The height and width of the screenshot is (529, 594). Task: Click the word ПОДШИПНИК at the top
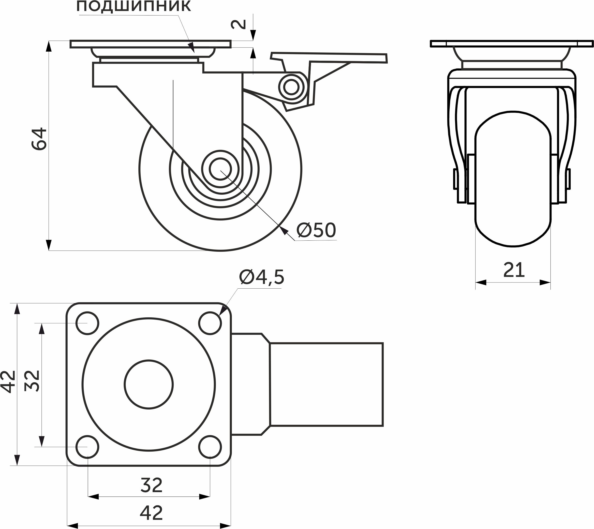tap(134, 6)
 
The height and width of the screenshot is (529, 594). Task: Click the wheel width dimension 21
tap(514, 270)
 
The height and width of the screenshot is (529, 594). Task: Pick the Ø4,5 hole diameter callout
tap(261, 277)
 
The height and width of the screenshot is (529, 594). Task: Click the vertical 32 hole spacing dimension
tap(32, 381)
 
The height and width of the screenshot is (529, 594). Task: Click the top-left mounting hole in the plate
tap(87, 323)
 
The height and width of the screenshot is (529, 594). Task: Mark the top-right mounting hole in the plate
tap(210, 323)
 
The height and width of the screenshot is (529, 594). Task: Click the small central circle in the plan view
tap(148, 384)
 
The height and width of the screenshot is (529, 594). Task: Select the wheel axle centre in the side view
tap(220, 169)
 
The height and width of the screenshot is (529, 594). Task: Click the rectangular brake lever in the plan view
tap(326, 384)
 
